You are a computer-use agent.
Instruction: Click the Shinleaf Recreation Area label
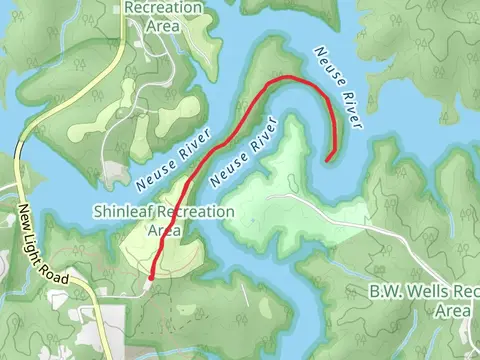(x=163, y=220)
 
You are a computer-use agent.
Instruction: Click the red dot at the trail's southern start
(x=151, y=277)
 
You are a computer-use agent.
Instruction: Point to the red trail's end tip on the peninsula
(x=329, y=158)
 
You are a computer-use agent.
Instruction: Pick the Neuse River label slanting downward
(x=336, y=87)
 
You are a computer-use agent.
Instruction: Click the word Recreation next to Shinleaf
(x=193, y=212)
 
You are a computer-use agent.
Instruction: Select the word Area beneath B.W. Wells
(x=452, y=311)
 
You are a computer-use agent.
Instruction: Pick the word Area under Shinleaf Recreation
(x=164, y=230)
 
